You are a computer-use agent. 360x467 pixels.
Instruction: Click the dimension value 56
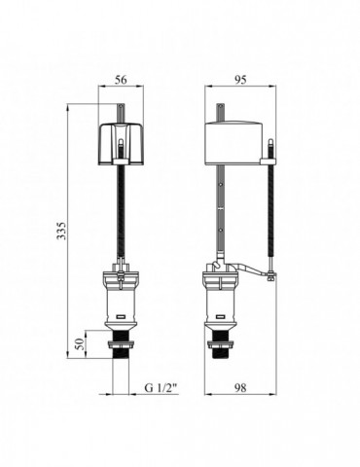[x=121, y=80]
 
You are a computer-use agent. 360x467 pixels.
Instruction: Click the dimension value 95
[x=240, y=80]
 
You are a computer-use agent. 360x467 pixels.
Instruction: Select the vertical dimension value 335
[x=61, y=231]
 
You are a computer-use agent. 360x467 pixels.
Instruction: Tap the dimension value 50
[x=80, y=344]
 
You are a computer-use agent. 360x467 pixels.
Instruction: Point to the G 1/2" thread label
[x=162, y=387]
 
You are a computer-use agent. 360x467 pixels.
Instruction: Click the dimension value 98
[x=240, y=387]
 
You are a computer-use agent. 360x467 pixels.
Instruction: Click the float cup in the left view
[x=121, y=144]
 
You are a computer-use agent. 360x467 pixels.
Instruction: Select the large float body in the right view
[x=236, y=142]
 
